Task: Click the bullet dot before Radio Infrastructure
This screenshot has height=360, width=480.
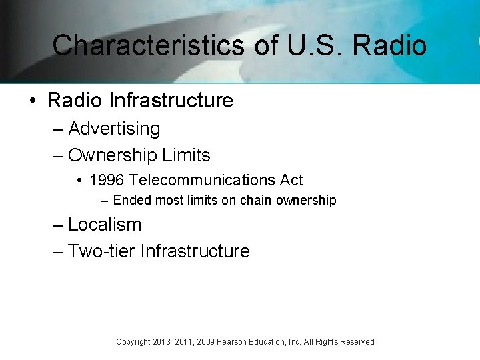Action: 32,101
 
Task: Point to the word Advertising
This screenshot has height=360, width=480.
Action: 114,129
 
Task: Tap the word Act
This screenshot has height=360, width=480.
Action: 291,180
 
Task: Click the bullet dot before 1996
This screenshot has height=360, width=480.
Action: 79,180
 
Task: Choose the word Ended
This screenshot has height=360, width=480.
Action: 129,200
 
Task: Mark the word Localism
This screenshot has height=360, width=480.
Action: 105,225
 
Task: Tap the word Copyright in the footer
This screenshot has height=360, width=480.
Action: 133,342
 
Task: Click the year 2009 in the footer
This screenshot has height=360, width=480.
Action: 205,342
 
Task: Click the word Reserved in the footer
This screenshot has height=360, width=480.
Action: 358,342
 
